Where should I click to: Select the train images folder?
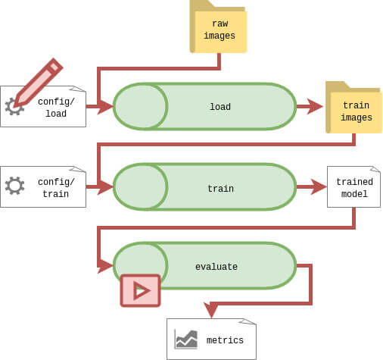click(354, 108)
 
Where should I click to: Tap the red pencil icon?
click(38, 83)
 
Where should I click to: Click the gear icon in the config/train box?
click(15, 186)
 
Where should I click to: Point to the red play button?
click(140, 290)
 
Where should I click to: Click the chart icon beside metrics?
click(186, 340)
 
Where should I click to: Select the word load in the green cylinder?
click(220, 107)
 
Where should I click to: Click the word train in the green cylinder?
click(220, 189)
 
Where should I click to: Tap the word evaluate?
click(216, 267)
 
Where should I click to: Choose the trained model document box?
click(353, 187)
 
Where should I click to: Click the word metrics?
click(225, 340)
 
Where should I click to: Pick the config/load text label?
click(56, 108)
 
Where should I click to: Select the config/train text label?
click(56, 188)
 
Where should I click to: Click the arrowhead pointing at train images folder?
click(315, 106)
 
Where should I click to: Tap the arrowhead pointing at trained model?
click(319, 187)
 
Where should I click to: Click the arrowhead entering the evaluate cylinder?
click(105, 265)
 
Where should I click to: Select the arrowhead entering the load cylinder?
click(105, 107)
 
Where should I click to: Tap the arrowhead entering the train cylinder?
click(105, 187)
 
